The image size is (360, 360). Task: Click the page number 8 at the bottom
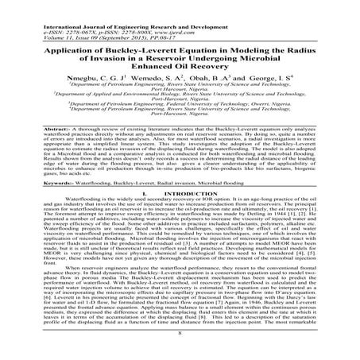(x=180, y=344)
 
